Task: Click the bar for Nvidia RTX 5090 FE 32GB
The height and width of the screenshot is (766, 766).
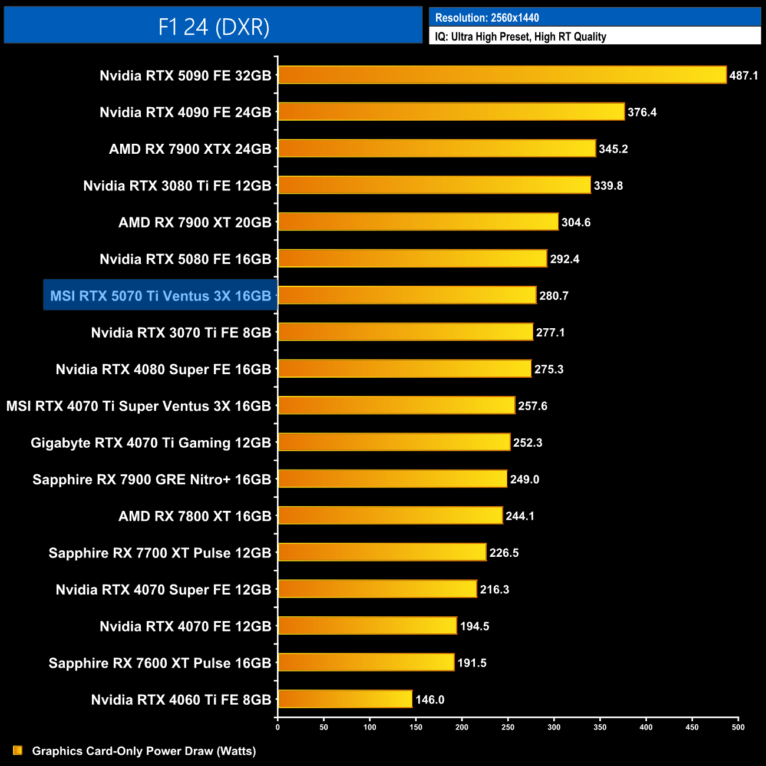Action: click(x=502, y=75)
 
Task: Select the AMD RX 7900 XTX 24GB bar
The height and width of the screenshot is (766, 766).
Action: click(x=437, y=148)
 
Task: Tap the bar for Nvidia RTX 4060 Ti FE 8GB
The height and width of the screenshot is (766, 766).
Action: click(x=345, y=699)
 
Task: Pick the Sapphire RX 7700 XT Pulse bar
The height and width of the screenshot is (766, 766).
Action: click(x=382, y=552)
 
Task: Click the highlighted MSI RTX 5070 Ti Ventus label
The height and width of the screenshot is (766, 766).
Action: click(x=160, y=296)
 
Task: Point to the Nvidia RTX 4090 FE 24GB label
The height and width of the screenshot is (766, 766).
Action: click(x=185, y=112)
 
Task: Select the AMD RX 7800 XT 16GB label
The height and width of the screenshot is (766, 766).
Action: click(x=194, y=516)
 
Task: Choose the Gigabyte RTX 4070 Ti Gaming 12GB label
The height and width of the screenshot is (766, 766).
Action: click(x=151, y=443)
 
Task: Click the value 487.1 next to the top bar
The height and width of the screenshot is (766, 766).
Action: click(x=744, y=75)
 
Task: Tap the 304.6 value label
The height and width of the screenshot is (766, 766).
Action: click(x=576, y=222)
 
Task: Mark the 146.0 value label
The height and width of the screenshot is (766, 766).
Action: click(x=430, y=699)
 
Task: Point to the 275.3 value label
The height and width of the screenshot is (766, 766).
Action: click(x=549, y=369)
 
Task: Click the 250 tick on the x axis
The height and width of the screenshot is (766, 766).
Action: click(x=508, y=727)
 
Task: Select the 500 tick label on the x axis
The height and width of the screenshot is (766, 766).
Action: click(x=738, y=727)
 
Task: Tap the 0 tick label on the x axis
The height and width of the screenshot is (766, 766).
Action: click(x=278, y=727)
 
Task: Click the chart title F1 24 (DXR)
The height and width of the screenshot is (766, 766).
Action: click(x=213, y=27)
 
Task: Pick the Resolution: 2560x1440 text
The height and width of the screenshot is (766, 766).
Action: click(x=487, y=18)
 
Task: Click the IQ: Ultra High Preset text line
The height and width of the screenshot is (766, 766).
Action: click(x=520, y=37)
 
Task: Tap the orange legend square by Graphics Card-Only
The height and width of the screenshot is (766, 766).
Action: click(x=18, y=750)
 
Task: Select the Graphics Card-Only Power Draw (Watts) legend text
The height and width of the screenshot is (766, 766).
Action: click(x=144, y=751)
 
